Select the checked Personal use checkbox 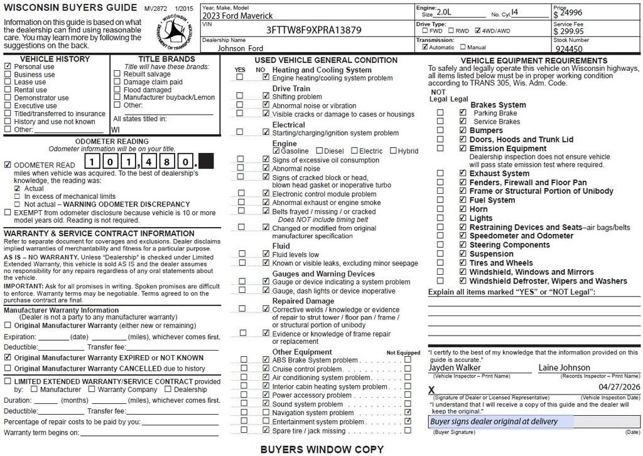pos(8,66)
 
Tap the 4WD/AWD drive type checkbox pos(478,30)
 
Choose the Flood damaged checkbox pos(117,90)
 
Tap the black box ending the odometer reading pos(205,162)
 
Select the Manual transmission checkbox pos(463,47)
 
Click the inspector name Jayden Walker pos(455,368)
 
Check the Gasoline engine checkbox pos(277,151)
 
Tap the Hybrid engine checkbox pos(394,151)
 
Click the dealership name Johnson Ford pos(240,48)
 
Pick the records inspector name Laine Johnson pos(564,368)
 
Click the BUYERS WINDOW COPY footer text pos(321,449)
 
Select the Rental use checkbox pos(8,90)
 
